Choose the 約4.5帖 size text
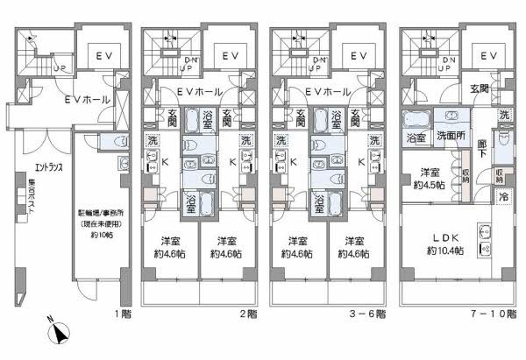429,185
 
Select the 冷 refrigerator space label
502,198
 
